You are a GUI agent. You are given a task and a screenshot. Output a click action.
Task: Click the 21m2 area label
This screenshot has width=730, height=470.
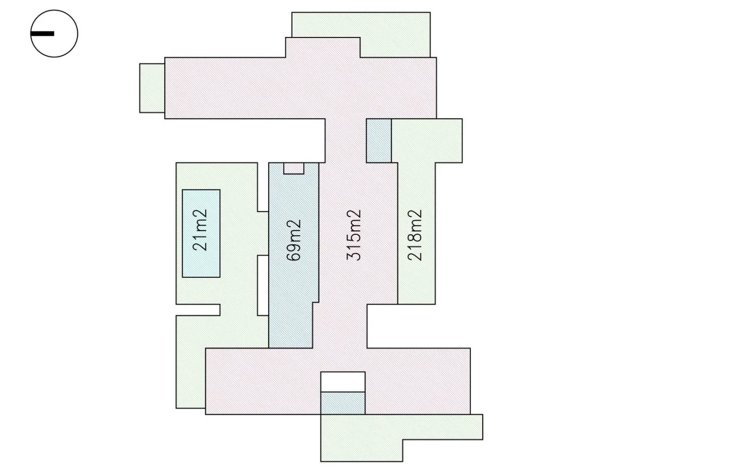pos(200,230)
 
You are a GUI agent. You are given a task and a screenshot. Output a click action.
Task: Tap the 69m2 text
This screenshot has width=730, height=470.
pos(294,240)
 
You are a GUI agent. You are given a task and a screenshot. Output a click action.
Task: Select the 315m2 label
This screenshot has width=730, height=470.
pos(354,235)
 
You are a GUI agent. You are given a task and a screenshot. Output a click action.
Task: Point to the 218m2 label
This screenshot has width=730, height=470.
pos(415,235)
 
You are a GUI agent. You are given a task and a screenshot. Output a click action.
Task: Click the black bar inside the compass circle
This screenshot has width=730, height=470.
pos(43,33)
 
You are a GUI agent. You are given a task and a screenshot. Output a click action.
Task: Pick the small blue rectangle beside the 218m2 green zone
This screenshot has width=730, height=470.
pos(379,140)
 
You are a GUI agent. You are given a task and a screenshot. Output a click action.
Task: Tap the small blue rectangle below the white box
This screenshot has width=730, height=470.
pos(343,403)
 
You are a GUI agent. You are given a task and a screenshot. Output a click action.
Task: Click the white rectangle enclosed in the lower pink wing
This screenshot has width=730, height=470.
pos(343,382)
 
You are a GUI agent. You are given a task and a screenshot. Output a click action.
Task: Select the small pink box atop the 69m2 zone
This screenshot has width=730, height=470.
pos(294,168)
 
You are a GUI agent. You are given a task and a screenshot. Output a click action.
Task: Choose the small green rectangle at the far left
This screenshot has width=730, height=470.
pos(152,88)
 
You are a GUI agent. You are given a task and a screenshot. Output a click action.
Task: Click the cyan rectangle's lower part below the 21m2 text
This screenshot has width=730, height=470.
pos(201,265)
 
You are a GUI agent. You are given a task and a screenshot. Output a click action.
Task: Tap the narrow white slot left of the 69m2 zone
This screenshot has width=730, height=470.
pos(263,285)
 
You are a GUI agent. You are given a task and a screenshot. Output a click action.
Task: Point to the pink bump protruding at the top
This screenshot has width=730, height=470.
pos(323,48)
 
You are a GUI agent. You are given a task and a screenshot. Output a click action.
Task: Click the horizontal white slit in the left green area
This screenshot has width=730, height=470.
pos(198,310)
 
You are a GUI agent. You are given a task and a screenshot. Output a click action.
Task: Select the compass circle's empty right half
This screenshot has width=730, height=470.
pos(66,33)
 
